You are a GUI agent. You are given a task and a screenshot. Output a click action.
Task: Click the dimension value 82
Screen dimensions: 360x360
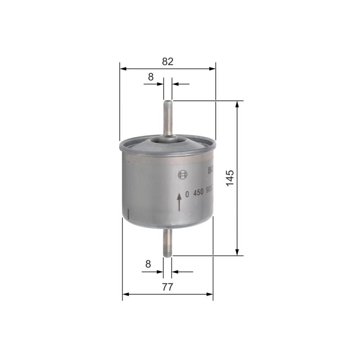coord(168,62)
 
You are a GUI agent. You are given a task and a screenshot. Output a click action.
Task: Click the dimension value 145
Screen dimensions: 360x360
coord(230,179)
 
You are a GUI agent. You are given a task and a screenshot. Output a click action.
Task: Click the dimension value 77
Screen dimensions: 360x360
coord(167,287)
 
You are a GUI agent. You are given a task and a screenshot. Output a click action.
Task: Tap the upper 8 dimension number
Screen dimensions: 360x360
coord(151,77)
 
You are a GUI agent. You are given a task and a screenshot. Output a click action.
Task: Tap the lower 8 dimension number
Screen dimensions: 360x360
coord(148,265)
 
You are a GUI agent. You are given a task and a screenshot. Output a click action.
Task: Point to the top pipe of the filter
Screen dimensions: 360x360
coord(168,119)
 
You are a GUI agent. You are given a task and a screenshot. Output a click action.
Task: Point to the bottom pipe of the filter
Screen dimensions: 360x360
coord(167,243)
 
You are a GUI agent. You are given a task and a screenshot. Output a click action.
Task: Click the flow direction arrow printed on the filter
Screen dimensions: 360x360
coord(180,201)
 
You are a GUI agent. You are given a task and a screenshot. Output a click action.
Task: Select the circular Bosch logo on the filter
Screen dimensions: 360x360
coord(182,175)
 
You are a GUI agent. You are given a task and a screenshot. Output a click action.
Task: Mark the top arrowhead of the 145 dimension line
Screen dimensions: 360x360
coord(238,104)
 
